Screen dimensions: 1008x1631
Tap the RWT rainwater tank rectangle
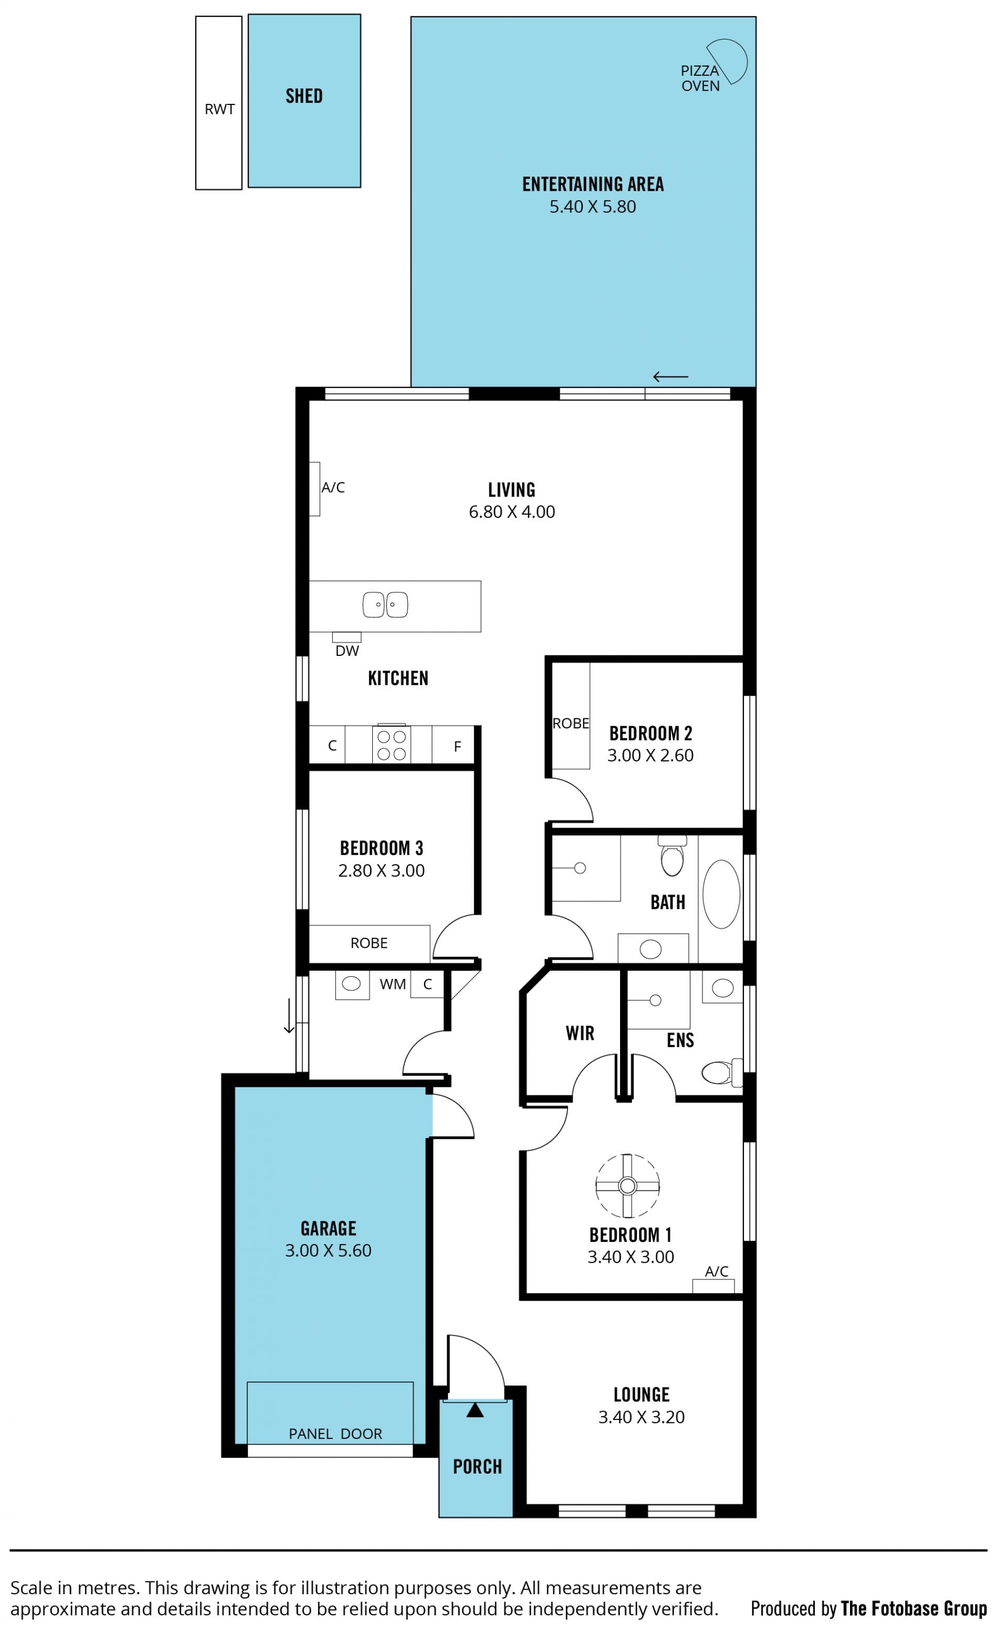point(219,103)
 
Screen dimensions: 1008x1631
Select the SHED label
point(304,96)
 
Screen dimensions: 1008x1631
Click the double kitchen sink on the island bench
point(385,605)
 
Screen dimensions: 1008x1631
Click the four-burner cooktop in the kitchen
point(391,745)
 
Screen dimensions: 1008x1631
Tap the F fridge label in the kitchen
point(457,747)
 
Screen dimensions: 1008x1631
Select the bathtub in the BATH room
point(721,894)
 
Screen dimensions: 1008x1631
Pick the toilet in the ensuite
point(722,1073)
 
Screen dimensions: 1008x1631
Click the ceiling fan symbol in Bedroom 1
point(627,1186)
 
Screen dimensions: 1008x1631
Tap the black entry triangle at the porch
point(475,1410)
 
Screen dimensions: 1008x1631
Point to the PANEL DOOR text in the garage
point(335,1434)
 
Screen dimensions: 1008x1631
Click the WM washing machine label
point(393,984)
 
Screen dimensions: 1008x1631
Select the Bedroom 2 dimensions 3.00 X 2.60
point(650,756)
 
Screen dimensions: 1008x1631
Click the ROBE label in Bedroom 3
point(369,943)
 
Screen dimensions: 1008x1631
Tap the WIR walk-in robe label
point(580,1033)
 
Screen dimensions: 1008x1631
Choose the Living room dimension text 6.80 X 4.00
point(512,512)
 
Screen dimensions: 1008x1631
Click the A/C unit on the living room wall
point(314,489)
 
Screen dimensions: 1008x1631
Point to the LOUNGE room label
point(642,1395)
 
